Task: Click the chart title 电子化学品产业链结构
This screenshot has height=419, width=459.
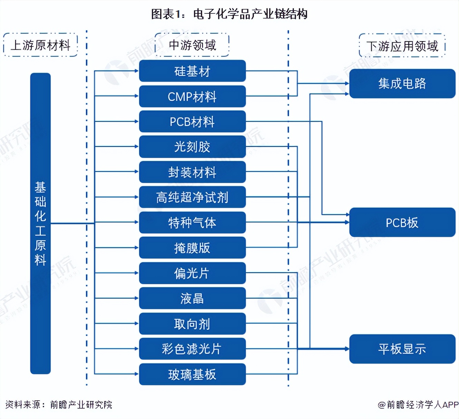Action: click(x=229, y=14)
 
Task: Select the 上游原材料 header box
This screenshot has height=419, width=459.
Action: click(x=40, y=45)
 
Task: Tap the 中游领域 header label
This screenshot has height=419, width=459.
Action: click(x=192, y=45)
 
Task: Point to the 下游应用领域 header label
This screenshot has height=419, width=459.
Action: click(x=402, y=46)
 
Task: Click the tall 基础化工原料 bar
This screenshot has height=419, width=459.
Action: click(x=40, y=223)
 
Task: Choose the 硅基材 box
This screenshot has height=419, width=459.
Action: click(x=192, y=71)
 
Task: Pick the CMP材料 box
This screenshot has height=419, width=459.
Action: click(x=192, y=96)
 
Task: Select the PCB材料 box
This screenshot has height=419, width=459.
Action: click(x=192, y=122)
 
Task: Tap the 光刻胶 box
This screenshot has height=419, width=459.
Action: click(x=192, y=147)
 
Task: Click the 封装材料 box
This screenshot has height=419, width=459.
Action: click(x=192, y=172)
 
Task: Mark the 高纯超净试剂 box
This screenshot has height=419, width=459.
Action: click(x=192, y=197)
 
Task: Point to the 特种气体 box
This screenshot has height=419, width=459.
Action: click(x=192, y=223)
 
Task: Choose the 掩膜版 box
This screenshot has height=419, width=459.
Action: click(x=192, y=248)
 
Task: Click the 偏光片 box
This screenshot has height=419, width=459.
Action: click(x=192, y=273)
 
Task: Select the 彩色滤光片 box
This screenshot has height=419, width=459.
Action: click(x=192, y=349)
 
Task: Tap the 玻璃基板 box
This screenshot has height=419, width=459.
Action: click(x=192, y=374)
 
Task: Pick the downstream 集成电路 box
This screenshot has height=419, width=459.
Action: click(x=402, y=83)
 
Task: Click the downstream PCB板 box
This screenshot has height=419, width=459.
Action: click(x=402, y=223)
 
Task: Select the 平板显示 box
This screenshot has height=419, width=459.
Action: click(x=402, y=349)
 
